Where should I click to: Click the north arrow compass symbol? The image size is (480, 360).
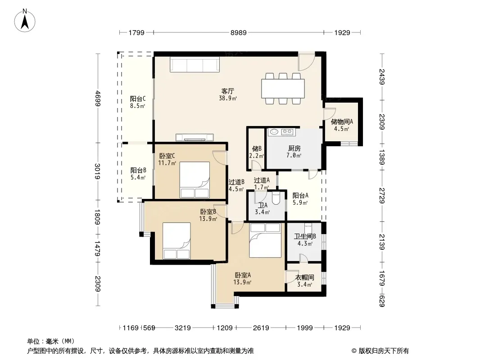(25, 21)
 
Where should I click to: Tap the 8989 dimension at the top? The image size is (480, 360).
(239, 32)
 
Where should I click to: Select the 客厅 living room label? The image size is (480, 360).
(228, 91)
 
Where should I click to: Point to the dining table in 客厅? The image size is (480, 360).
(283, 89)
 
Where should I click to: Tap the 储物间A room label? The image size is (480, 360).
(342, 121)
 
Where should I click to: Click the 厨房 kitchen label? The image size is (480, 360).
(294, 148)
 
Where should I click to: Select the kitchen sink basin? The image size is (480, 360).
(273, 132)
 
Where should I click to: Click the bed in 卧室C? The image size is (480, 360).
(195, 180)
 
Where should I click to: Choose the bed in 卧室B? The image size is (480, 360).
(177, 241)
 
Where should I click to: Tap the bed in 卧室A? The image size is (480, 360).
(265, 240)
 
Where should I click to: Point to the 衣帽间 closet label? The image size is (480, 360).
(304, 277)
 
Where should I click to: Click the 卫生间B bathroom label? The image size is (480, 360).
(305, 236)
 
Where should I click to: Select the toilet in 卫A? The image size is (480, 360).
(276, 198)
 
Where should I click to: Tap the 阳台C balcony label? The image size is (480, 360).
(138, 99)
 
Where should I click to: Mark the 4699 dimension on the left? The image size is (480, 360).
(98, 98)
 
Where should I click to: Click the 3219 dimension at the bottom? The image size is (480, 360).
(182, 328)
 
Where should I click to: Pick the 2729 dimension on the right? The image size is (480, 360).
(382, 196)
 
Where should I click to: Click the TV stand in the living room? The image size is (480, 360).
(195, 137)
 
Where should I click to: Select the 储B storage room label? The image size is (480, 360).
(257, 148)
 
